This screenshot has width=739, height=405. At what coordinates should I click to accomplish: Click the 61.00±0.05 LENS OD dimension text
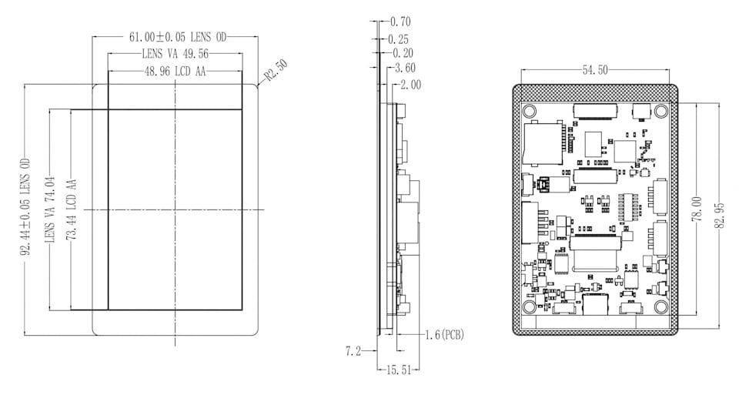coord(178,37)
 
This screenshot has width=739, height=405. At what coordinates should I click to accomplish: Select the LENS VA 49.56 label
coord(176,54)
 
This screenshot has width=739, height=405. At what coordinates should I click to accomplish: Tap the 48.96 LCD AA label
coord(176,72)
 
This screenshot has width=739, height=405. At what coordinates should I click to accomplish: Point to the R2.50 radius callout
coord(276,70)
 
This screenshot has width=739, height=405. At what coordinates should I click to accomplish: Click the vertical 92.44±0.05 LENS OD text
coord(25,208)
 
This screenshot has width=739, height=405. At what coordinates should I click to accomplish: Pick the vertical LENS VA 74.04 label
coord(50,209)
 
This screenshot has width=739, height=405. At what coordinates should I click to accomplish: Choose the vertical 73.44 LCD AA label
coord(72,209)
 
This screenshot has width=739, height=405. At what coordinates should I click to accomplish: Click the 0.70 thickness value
coord(400,22)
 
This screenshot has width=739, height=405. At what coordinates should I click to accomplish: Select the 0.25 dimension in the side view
coord(398,39)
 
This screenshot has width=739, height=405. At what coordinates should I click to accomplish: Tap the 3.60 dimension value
coord(406,68)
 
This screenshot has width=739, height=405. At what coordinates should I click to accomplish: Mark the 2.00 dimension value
coord(410,85)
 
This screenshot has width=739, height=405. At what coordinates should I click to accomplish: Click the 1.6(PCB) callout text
coord(444,335)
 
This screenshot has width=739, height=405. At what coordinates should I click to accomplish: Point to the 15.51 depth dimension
coord(399,370)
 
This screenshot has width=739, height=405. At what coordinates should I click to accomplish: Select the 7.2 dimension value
coord(353,351)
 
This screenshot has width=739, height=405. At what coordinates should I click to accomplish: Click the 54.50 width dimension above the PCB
coord(595,70)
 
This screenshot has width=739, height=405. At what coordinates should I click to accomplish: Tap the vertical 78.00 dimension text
coord(697,209)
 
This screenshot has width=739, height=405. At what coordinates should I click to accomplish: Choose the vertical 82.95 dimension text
coord(720,216)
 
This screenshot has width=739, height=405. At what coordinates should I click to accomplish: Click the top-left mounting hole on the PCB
coord(530,112)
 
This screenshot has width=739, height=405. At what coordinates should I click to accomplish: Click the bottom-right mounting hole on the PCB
coord(660,307)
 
